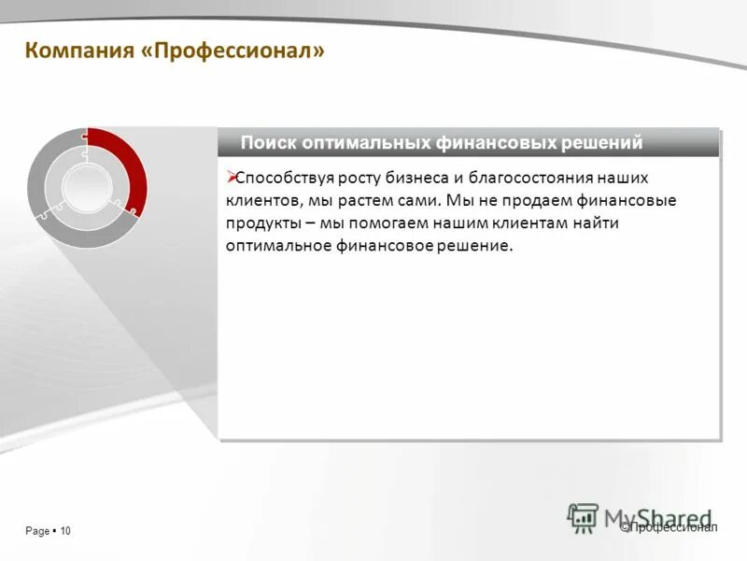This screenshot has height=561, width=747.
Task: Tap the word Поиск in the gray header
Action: pos(268,143)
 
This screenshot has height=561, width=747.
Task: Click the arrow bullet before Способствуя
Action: pos(232,176)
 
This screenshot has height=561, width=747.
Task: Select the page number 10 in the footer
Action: pos(65,531)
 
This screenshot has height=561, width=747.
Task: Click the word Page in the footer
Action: pos(37,531)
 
